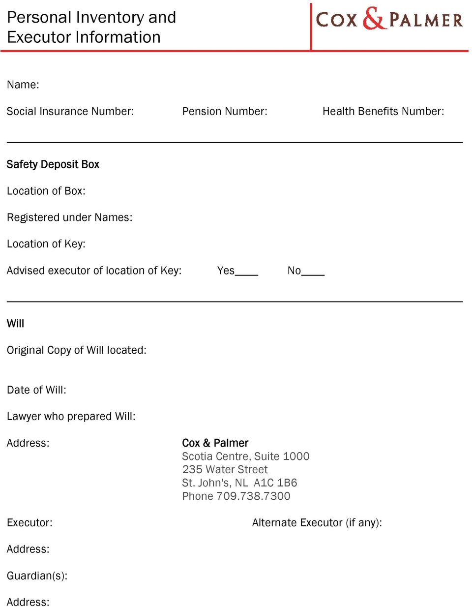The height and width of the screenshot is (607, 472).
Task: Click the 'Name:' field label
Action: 23,85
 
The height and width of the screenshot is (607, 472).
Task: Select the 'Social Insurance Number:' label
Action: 70,111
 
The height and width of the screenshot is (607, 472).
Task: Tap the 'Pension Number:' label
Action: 225,111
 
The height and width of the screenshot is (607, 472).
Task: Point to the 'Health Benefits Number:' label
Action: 383,111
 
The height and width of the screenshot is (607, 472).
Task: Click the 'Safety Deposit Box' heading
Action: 53,164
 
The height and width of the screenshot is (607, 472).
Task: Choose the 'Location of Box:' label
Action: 46,191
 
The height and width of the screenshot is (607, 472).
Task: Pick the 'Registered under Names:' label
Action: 70,217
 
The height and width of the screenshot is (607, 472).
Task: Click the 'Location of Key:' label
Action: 46,244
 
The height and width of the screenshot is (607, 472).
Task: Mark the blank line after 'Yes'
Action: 247,273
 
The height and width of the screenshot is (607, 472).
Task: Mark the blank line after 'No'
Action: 313,273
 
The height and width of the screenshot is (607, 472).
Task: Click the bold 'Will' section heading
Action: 16,324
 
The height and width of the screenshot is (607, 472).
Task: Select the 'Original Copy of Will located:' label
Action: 77,350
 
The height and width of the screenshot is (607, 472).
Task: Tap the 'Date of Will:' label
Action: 37,390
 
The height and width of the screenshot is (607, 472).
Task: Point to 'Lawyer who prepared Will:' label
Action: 71,417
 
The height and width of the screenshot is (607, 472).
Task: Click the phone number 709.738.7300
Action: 254,496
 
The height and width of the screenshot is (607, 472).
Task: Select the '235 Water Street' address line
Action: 225,470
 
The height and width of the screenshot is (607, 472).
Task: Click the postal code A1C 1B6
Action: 275,483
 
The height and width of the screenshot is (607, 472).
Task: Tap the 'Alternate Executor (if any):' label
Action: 317,523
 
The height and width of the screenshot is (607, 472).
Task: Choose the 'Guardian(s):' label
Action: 37,576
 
